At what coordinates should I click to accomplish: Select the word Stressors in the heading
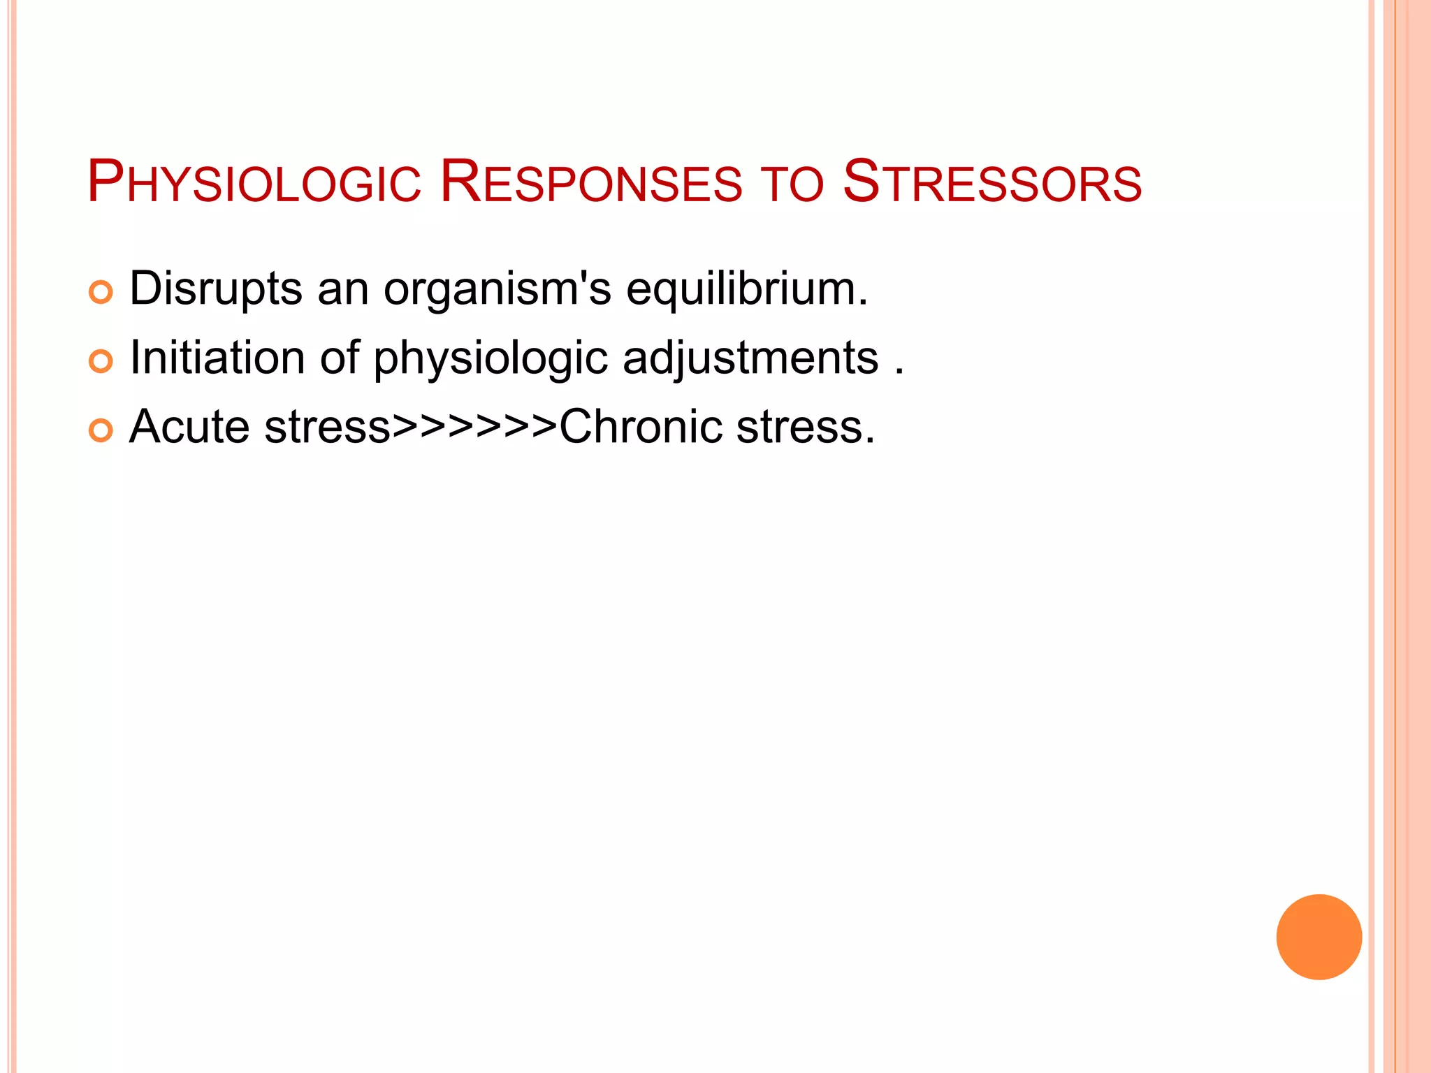pos(992,183)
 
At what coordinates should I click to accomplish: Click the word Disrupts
pos(216,289)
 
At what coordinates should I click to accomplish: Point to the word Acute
pos(189,427)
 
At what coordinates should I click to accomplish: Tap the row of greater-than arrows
pos(474,427)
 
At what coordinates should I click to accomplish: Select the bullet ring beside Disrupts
pos(101,292)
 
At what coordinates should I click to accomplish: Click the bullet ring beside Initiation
pos(101,361)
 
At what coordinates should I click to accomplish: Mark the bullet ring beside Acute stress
pos(101,430)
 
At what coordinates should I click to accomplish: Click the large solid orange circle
pos(1319,937)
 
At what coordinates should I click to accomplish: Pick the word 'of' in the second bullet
pos(340,358)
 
